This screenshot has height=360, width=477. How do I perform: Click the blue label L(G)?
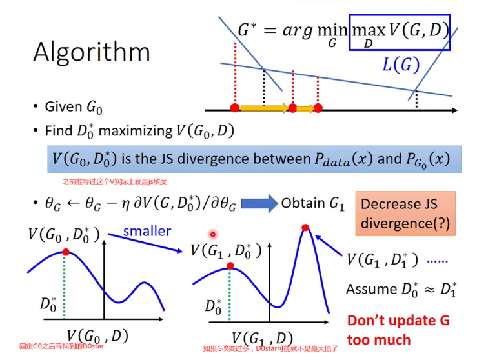click(400, 65)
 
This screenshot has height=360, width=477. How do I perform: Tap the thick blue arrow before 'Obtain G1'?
click(258, 204)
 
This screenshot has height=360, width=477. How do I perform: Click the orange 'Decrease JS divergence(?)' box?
click(405, 214)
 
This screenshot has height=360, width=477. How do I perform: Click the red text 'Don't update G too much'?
click(398, 330)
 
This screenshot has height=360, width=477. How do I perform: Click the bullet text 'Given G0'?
click(72, 106)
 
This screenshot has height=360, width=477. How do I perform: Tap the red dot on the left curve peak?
click(66, 252)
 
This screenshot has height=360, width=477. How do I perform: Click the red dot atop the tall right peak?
click(305, 227)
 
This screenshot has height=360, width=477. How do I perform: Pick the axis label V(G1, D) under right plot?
click(262, 337)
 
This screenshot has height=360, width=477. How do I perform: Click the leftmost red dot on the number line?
click(234, 108)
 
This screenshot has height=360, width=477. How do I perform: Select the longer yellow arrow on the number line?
click(264, 108)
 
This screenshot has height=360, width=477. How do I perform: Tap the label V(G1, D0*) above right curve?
click(226, 250)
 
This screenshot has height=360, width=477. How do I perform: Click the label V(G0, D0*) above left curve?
click(64, 234)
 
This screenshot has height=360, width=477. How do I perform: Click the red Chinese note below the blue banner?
click(114, 182)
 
